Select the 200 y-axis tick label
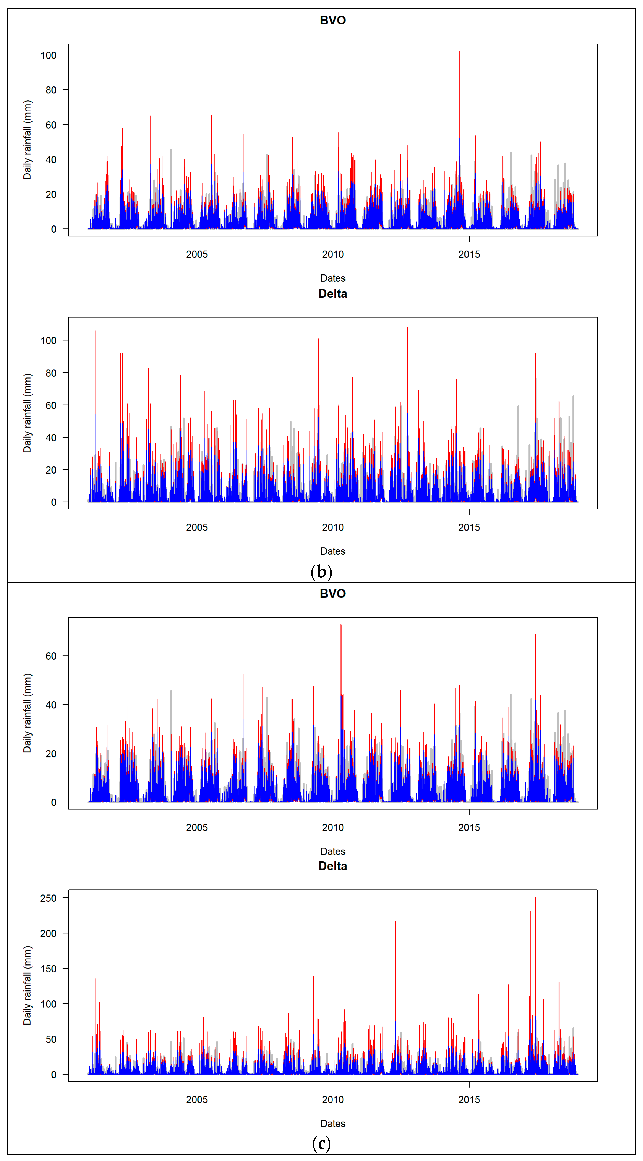48,933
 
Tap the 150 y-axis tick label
48,969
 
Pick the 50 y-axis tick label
51,1039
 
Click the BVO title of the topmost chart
333,20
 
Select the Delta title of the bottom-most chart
333,866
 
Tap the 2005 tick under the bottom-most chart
197,1100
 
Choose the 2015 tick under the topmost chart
469,254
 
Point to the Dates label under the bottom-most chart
333,1124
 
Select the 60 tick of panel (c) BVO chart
51,656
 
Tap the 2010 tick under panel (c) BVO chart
333,828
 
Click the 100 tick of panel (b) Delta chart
48,341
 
